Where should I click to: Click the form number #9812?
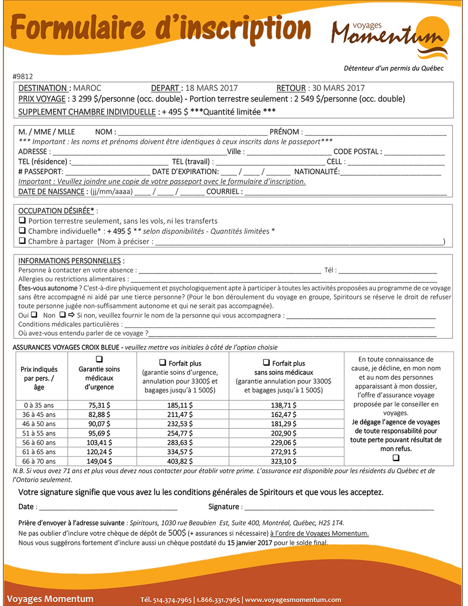(x=23, y=76)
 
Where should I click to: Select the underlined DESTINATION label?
(x=44, y=88)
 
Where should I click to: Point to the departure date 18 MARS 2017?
(x=212, y=88)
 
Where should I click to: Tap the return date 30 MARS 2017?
(x=338, y=88)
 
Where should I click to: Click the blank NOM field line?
(x=192, y=133)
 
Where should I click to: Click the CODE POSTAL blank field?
(x=414, y=152)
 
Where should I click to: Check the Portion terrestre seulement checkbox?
(x=22, y=220)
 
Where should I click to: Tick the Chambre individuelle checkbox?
(x=22, y=230)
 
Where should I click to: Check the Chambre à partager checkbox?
(x=22, y=241)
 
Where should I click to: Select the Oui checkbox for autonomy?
(x=34, y=315)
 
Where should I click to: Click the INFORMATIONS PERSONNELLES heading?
(x=69, y=261)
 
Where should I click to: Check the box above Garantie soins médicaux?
(x=99, y=359)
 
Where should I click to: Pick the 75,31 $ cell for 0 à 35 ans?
(x=99, y=405)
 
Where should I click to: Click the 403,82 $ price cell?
(x=180, y=461)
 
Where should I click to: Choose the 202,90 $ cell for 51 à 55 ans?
(x=284, y=433)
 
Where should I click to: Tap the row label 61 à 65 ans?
(x=39, y=452)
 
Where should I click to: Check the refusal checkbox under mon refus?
(x=396, y=458)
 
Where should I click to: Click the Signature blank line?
(x=339, y=507)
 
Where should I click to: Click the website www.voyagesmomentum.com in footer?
(x=293, y=600)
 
